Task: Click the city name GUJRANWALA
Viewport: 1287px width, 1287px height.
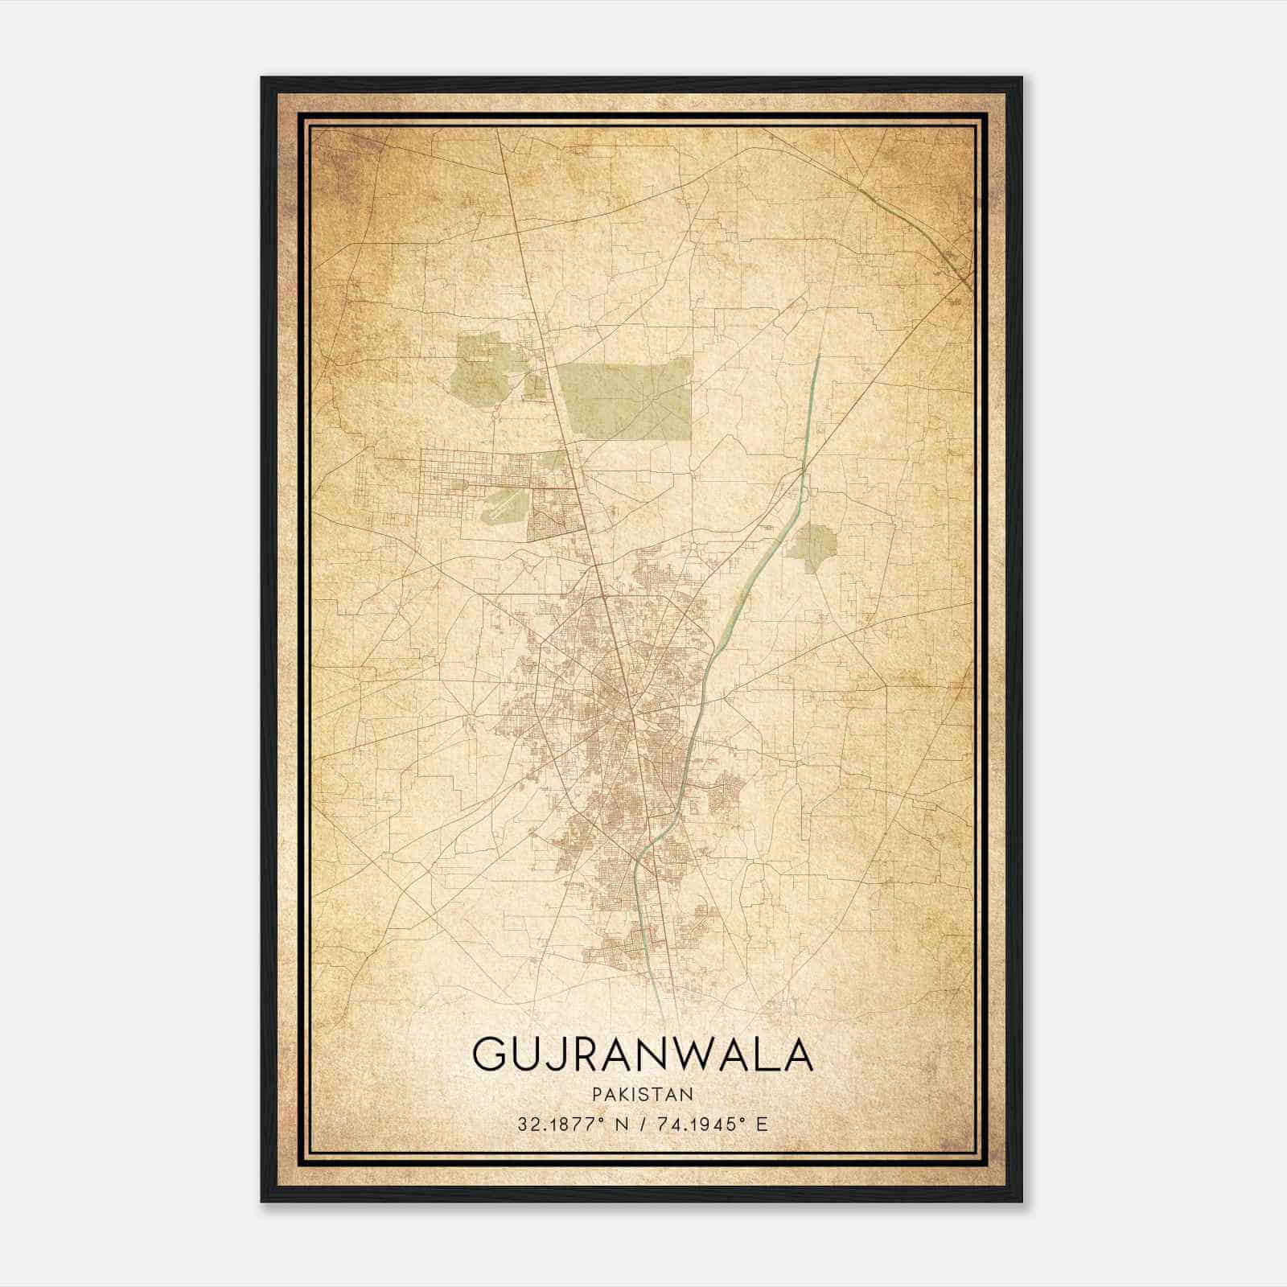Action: tap(643, 1055)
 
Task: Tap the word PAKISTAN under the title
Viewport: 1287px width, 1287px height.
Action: tap(642, 1094)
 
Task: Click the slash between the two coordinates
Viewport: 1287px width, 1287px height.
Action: tap(641, 1124)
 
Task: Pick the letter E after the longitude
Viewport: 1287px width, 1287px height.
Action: tap(762, 1124)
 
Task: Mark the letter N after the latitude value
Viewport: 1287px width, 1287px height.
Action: tap(618, 1124)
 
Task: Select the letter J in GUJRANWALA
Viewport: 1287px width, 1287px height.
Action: tap(566, 1055)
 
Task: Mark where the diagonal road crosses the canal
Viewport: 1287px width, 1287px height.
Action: tap(804, 467)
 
